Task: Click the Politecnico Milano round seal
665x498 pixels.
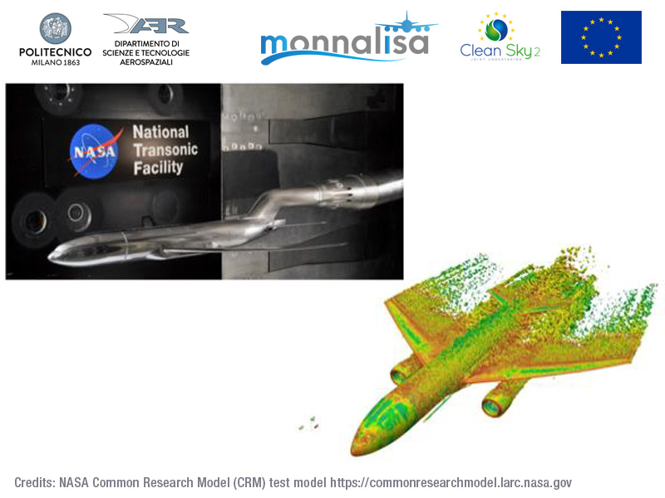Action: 55,28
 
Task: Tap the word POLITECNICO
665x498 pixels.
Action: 55,52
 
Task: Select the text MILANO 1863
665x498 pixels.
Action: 55,62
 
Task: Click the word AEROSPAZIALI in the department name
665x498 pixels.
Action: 146,62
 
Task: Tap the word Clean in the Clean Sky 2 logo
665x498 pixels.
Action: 480,51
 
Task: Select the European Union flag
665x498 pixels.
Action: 601,37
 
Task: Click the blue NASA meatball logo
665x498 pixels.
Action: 94,151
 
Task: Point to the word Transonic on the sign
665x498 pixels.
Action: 165,150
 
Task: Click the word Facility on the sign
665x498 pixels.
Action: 158,168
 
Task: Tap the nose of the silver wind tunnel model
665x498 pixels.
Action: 52,255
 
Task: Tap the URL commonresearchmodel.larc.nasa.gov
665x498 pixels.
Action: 451,483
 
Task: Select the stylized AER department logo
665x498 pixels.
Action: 146,24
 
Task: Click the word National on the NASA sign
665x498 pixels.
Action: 160,132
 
